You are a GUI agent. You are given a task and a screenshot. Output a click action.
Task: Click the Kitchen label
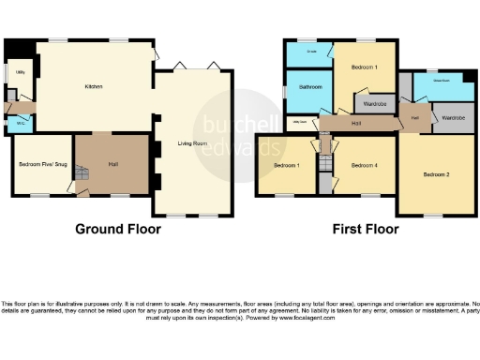click(x=93, y=87)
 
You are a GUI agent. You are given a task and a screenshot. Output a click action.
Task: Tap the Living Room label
click(x=192, y=143)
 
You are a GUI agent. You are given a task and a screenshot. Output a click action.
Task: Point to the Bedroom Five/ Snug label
click(x=38, y=164)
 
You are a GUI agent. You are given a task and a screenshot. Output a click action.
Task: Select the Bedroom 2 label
click(x=435, y=174)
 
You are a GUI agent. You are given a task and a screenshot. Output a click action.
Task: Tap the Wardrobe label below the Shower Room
click(x=454, y=118)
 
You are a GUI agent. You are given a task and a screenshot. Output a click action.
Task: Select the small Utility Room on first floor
click(x=301, y=122)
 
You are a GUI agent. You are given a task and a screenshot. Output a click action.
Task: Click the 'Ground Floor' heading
click(x=115, y=229)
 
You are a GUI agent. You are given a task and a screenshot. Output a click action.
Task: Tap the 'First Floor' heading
click(x=367, y=229)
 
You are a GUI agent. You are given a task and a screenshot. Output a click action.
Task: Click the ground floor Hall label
click(x=112, y=165)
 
